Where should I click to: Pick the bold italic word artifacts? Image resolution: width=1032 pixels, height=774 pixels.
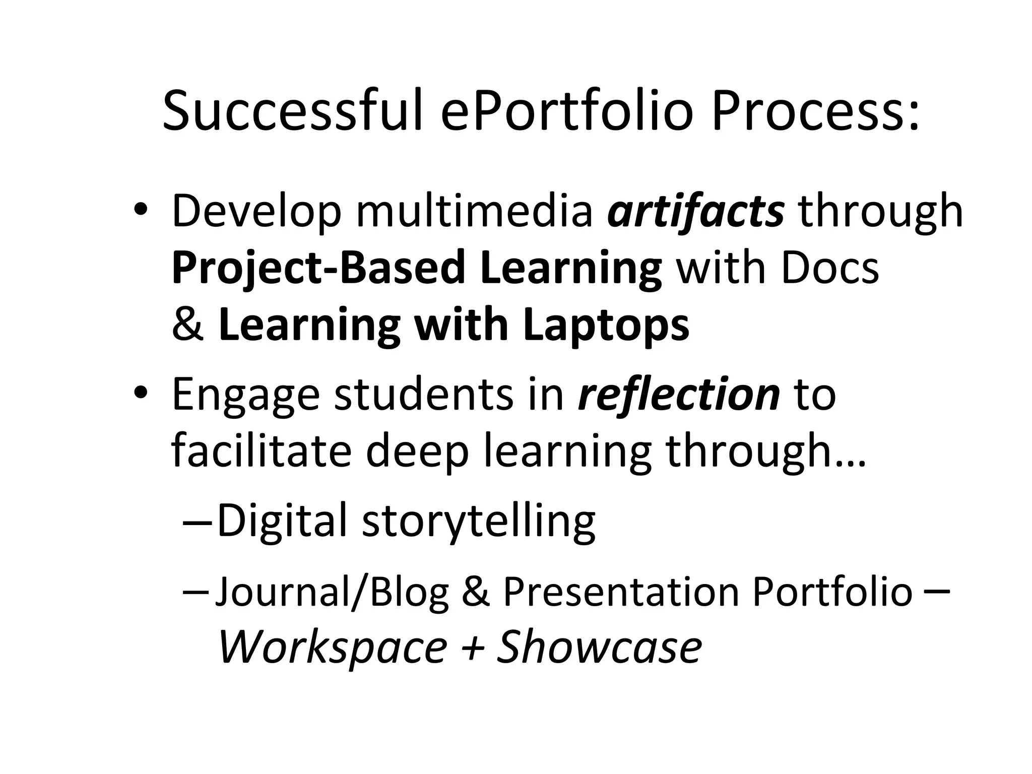pyautogui.click(x=695, y=212)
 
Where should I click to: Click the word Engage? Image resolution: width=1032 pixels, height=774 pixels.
pyautogui.click(x=245, y=396)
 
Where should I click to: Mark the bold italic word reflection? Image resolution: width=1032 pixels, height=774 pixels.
pyautogui.click(x=679, y=396)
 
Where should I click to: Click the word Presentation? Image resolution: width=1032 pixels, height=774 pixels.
pyautogui.click(x=621, y=592)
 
